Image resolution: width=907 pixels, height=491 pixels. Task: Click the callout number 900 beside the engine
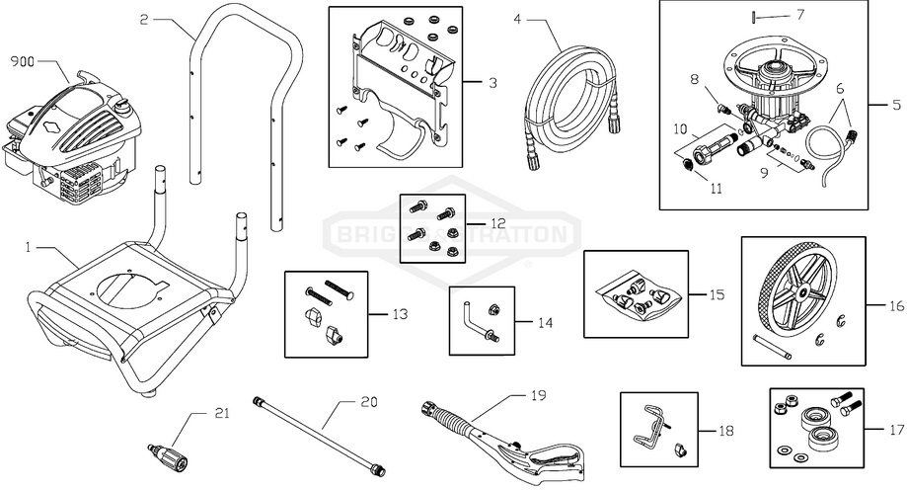(x=22, y=62)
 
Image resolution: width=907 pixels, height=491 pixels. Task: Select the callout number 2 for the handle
(x=144, y=19)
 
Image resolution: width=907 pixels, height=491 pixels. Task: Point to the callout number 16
(x=895, y=306)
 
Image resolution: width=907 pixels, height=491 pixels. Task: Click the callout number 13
(x=399, y=314)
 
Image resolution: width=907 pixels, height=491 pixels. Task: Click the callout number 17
(x=894, y=431)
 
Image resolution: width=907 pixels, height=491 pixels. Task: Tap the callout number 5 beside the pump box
(x=896, y=102)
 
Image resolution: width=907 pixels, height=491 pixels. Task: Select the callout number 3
(x=491, y=83)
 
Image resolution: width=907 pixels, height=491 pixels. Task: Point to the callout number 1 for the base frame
(x=29, y=243)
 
